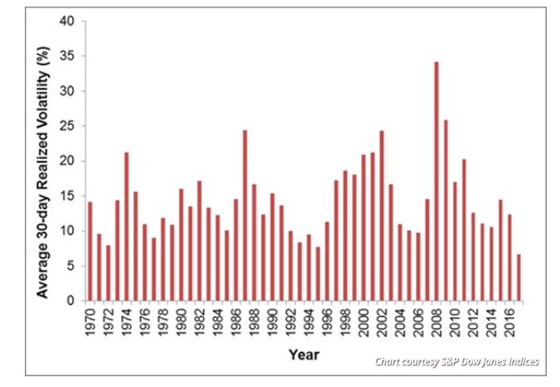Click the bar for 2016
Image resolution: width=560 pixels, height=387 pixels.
click(x=509, y=258)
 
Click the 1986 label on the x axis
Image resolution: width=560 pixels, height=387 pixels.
click(x=235, y=321)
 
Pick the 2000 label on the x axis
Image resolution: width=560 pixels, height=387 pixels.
click(x=363, y=321)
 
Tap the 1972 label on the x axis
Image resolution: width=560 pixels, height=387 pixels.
click(x=108, y=321)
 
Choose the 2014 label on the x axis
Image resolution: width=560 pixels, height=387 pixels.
click(x=490, y=321)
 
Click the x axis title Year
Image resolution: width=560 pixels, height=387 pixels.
click(x=305, y=355)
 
